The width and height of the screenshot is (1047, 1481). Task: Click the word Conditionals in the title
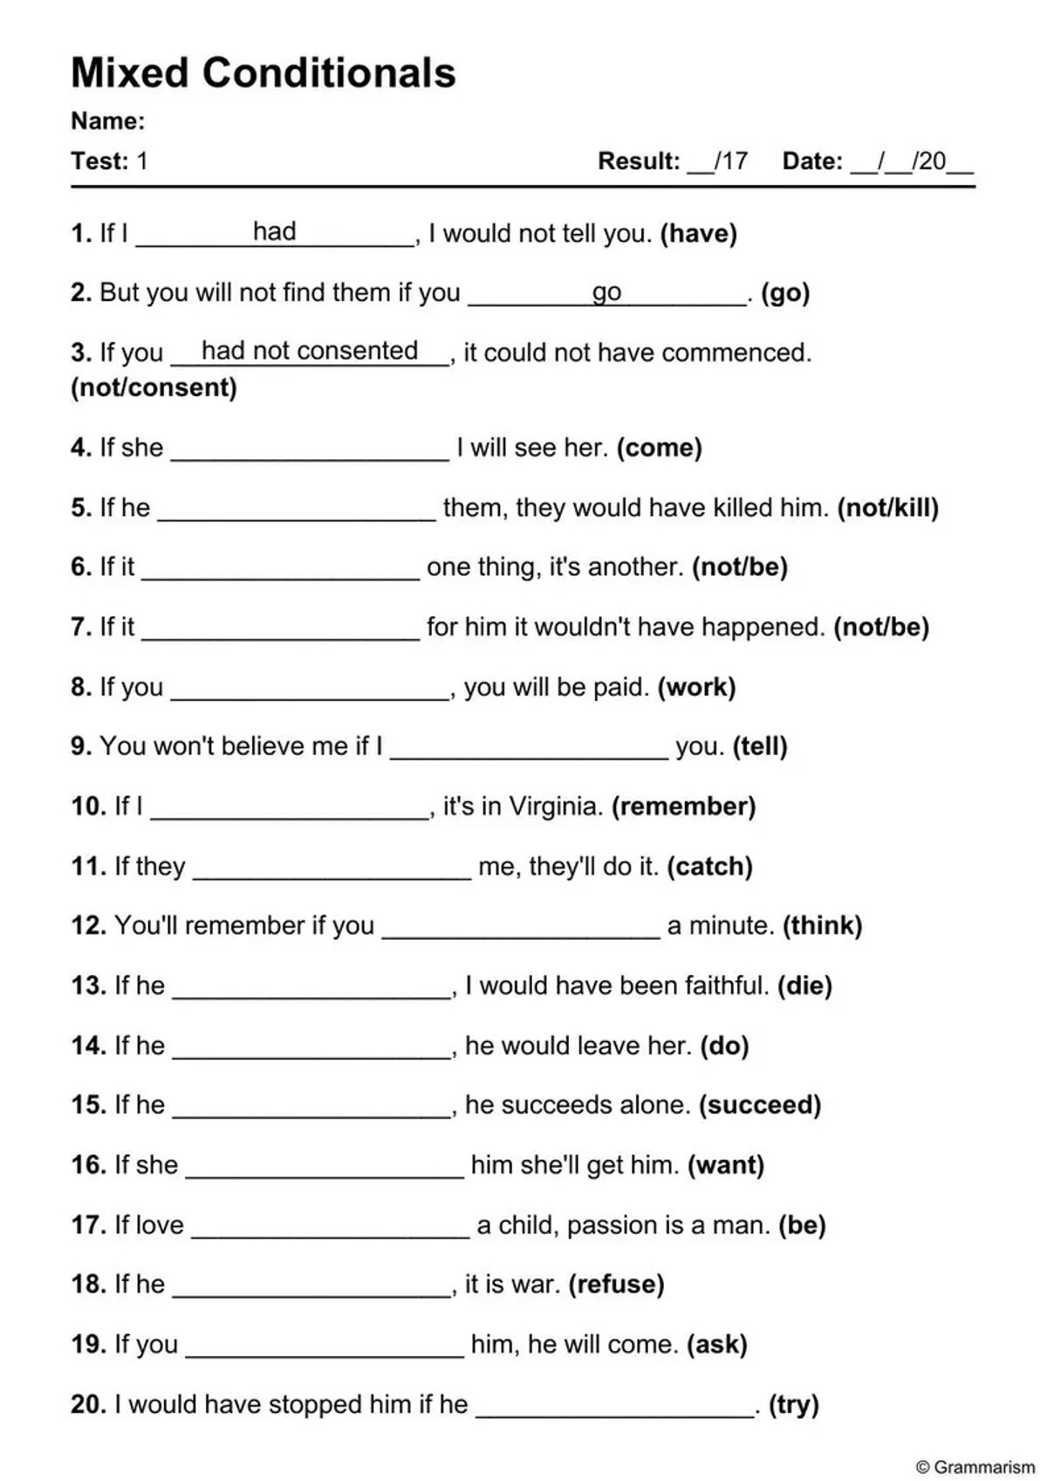tap(329, 73)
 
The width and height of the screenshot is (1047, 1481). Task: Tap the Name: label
tap(107, 121)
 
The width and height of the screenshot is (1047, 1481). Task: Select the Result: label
tap(639, 161)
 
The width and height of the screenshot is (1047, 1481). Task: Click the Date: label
tap(812, 161)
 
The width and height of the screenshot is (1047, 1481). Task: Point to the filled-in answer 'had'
tap(274, 231)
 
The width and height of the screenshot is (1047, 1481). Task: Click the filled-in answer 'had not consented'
tap(310, 351)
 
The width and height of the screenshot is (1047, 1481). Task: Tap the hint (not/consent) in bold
tap(154, 387)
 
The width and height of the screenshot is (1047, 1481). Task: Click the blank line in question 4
tap(310, 457)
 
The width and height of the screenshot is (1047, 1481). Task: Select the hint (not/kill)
tap(887, 508)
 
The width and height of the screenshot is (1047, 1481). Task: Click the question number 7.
tap(80, 627)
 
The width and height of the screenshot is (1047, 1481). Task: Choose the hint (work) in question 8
tap(696, 688)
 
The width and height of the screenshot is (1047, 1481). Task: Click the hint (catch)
tap(709, 867)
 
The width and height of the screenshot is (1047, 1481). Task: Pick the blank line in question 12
tap(521, 936)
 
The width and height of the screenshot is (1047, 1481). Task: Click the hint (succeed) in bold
tap(760, 1106)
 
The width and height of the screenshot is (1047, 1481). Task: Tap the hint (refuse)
tap(616, 1285)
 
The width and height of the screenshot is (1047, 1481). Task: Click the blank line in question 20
tap(615, 1415)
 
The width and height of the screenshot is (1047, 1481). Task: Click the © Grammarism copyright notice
tap(975, 1467)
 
